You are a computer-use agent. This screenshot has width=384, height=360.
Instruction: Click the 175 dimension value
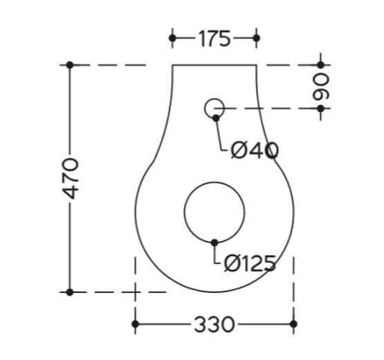pyautogui.click(x=214, y=39)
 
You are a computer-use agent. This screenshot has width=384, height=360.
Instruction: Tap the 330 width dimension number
pyautogui.click(x=214, y=324)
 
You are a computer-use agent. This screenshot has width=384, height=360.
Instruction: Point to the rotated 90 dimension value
pyautogui.click(x=321, y=87)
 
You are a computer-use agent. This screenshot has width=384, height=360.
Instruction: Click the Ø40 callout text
pyautogui.click(x=255, y=150)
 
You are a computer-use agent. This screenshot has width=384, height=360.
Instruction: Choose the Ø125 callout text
pyautogui.click(x=250, y=264)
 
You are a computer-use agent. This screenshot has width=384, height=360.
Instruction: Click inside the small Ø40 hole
pyautogui.click(x=214, y=108)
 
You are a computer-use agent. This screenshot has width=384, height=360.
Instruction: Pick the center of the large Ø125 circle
pyautogui.click(x=214, y=213)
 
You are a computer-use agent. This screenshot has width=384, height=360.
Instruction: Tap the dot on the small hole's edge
pyautogui.click(x=216, y=118)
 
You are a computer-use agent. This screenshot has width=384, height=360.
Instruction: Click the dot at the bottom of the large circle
pyautogui.click(x=214, y=243)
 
